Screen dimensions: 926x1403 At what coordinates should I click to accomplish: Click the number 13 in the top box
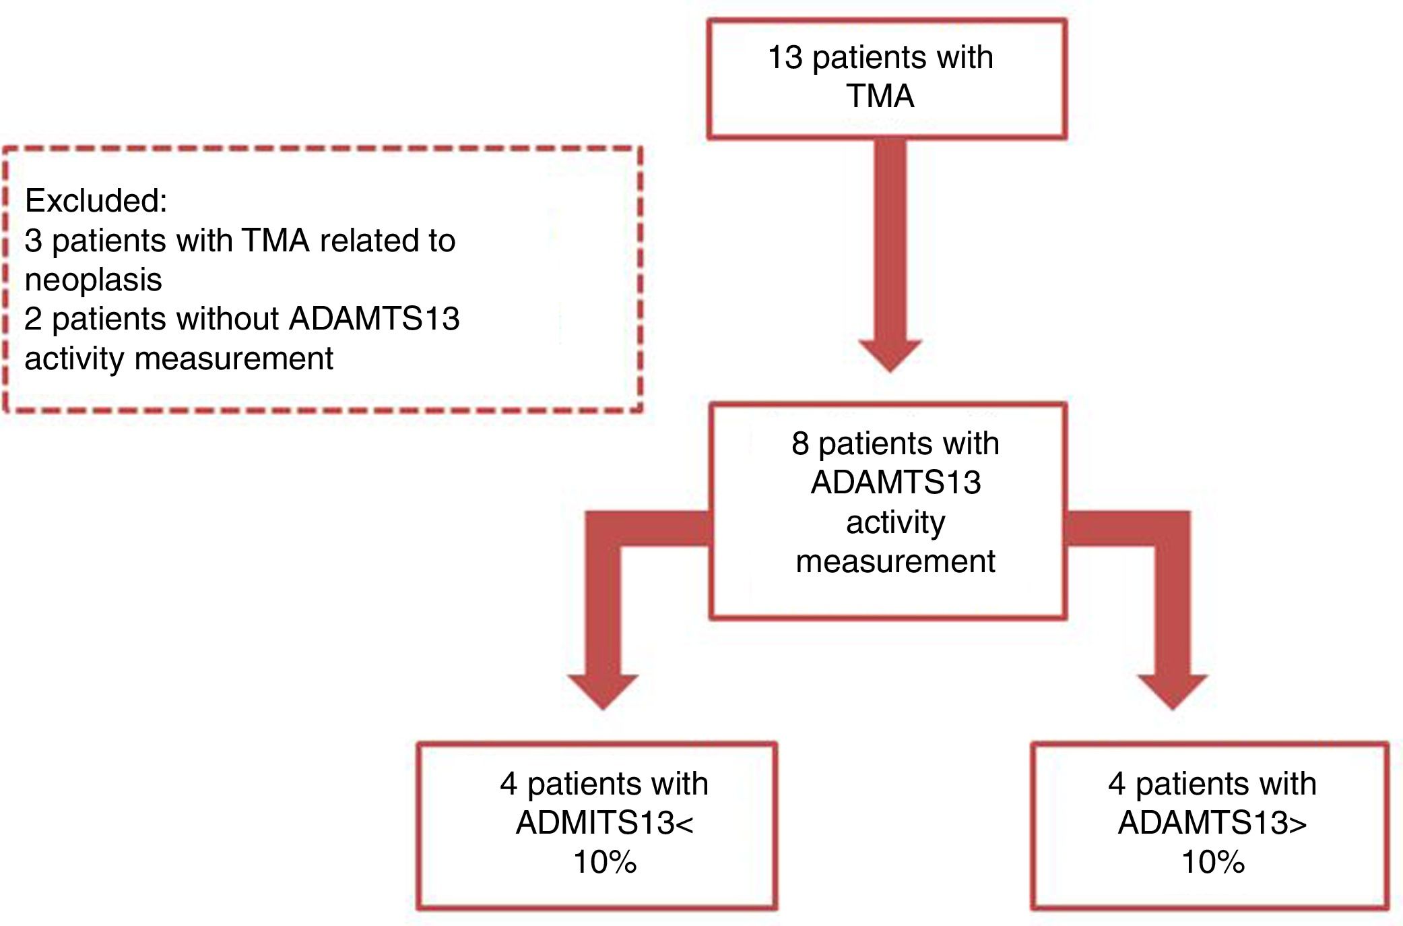point(785,58)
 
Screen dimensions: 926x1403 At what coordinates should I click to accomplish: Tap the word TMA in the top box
point(880,96)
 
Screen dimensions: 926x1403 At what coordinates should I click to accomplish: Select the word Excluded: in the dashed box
point(96,201)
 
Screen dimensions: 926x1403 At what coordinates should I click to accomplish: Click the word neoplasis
point(93,280)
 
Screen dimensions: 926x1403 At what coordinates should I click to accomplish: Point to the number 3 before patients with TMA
point(33,241)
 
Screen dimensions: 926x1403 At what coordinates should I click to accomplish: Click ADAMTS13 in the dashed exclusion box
point(374,319)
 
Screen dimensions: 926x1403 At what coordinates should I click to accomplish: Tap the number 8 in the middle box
point(800,444)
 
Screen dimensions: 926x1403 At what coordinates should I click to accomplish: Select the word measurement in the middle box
point(895,561)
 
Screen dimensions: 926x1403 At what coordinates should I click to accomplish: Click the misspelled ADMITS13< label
point(604,823)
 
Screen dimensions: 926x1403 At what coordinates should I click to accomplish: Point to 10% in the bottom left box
point(604,862)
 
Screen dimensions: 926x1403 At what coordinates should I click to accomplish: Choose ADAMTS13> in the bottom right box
point(1212,823)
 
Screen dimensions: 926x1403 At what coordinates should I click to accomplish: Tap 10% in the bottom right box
point(1212,862)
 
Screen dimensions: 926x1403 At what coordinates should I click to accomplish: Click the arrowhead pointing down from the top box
point(890,354)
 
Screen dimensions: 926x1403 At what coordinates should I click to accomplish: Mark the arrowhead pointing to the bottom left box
point(603,690)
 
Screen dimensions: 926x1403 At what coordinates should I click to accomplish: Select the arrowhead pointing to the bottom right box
point(1173,690)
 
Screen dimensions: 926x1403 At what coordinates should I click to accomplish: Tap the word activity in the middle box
point(895,523)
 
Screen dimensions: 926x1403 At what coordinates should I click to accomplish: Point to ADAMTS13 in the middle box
point(895,483)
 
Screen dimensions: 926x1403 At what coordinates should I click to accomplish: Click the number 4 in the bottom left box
point(509,784)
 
